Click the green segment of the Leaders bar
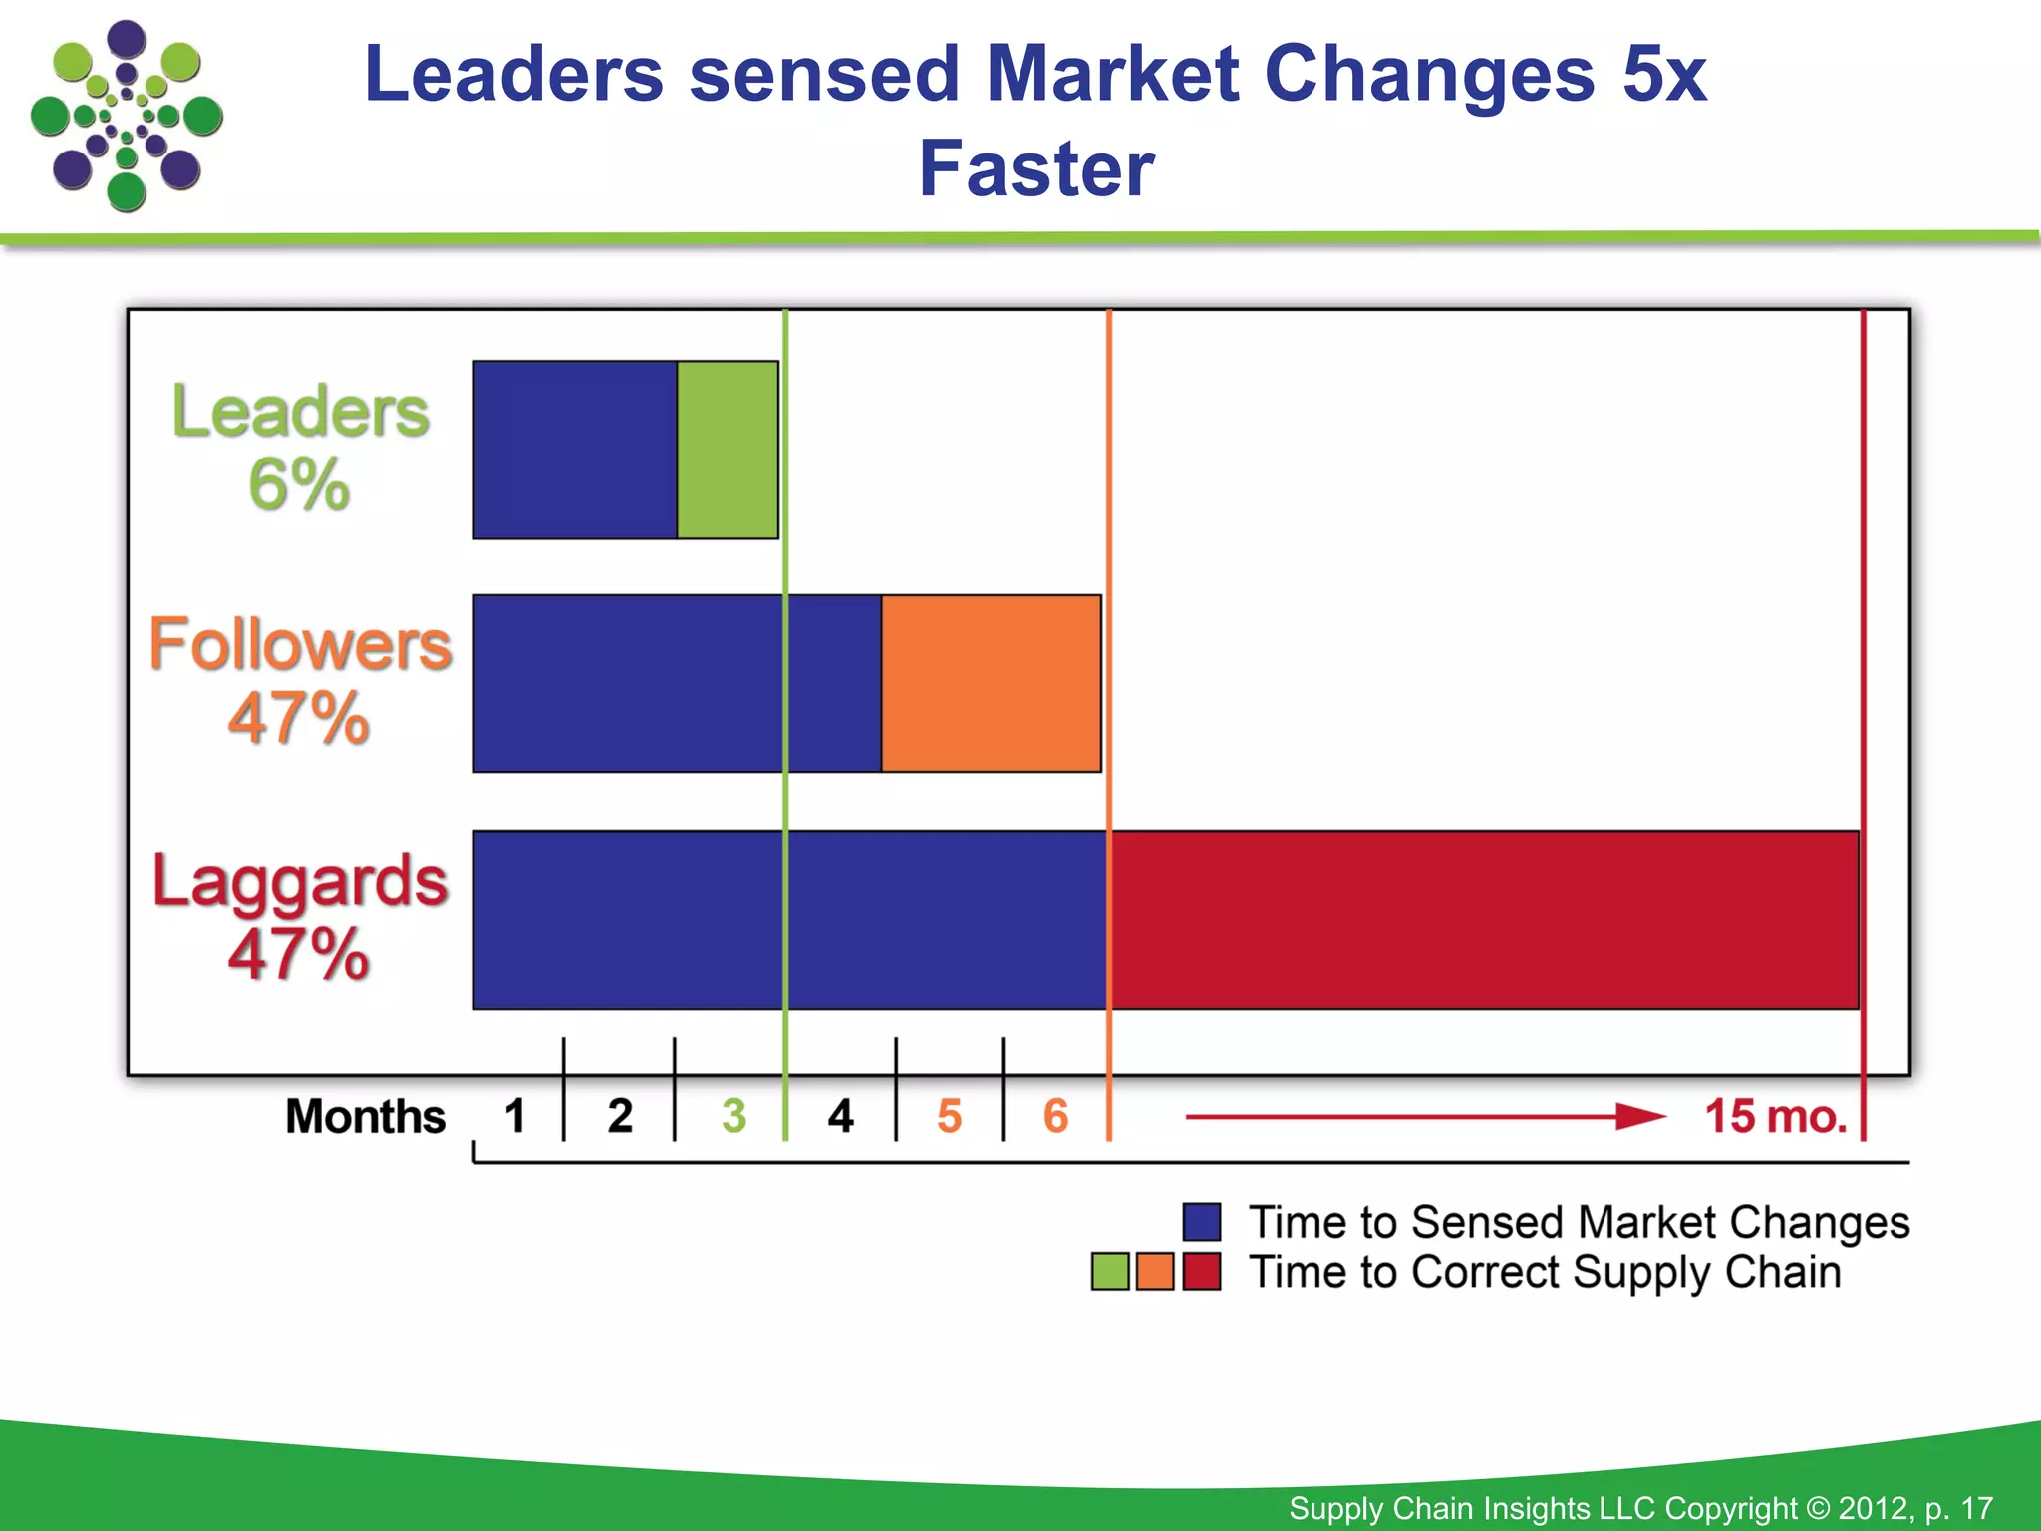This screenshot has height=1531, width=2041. (728, 450)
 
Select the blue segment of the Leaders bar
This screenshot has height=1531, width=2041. (575, 450)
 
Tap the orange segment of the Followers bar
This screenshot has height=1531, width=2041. (992, 684)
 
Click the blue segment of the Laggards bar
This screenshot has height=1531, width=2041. (790, 920)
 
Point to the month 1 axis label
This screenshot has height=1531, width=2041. (514, 1116)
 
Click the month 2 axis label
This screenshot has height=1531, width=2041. (620, 1116)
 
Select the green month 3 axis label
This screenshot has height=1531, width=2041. (733, 1116)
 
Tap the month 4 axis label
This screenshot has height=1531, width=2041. (840, 1116)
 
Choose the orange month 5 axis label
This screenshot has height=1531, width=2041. (949, 1116)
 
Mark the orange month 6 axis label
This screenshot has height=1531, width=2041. (1055, 1116)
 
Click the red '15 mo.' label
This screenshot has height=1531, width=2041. (1776, 1116)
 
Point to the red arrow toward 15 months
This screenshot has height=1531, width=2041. (1425, 1117)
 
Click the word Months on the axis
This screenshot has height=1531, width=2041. (366, 1116)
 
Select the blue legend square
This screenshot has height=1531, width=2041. (1202, 1222)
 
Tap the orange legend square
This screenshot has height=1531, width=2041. (1155, 1272)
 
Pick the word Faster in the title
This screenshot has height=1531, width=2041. (1036, 169)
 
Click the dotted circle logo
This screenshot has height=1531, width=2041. (127, 115)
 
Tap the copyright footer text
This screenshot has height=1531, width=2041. (1640, 1508)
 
